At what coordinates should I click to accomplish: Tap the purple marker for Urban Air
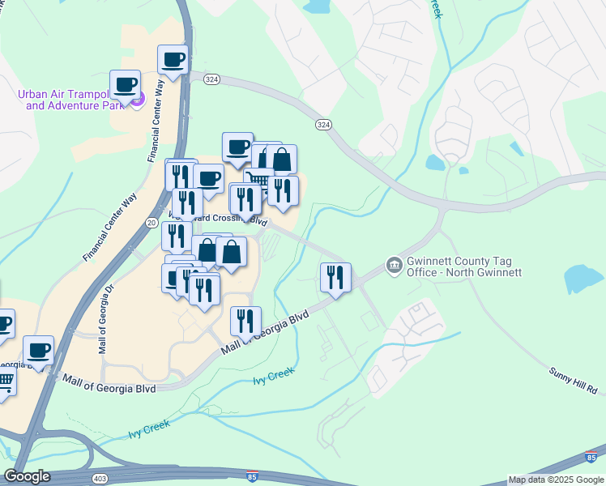(137, 100)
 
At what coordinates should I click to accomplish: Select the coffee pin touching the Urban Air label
(125, 84)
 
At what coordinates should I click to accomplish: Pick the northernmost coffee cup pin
(173, 59)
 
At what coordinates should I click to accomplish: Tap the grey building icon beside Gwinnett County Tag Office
(394, 265)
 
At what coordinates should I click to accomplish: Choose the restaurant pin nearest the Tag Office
(335, 278)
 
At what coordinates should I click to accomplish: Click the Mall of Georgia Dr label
(105, 320)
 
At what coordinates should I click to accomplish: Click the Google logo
(27, 476)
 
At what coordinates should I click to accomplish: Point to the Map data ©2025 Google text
(556, 480)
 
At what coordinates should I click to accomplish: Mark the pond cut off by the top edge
(316, 6)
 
